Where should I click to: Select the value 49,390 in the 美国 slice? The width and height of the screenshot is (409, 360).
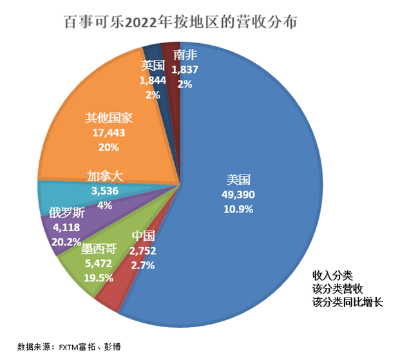(238, 194)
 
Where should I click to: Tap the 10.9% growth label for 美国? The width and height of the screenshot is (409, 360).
(238, 208)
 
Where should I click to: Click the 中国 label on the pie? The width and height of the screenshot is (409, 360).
(142, 236)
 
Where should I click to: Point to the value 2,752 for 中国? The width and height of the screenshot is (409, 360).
(142, 250)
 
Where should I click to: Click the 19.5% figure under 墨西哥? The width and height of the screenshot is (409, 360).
(98, 278)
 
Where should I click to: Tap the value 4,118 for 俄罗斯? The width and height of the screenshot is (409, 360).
(66, 227)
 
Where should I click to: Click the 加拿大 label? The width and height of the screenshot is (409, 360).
(104, 175)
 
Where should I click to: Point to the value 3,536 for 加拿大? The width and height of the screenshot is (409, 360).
(104, 191)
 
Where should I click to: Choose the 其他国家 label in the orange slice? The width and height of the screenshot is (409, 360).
(109, 118)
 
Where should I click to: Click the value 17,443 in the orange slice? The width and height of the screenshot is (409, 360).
(109, 133)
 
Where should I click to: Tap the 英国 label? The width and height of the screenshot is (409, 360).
(153, 65)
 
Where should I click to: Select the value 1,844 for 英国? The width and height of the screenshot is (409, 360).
(153, 80)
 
